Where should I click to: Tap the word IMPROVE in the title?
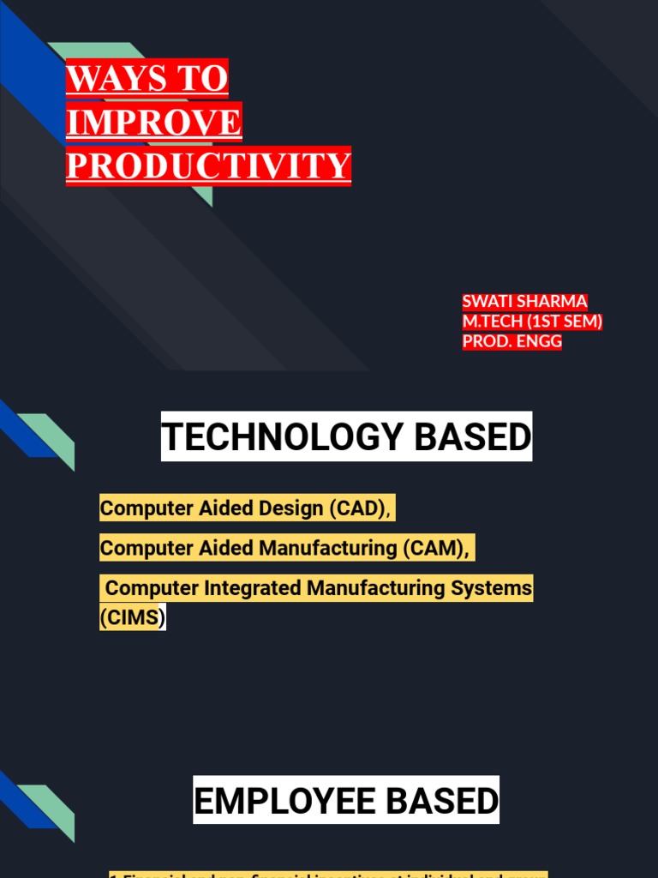tap(154, 122)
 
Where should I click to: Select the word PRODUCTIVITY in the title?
tap(208, 165)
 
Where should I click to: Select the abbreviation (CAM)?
tap(435, 548)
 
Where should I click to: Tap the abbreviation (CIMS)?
tap(132, 617)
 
